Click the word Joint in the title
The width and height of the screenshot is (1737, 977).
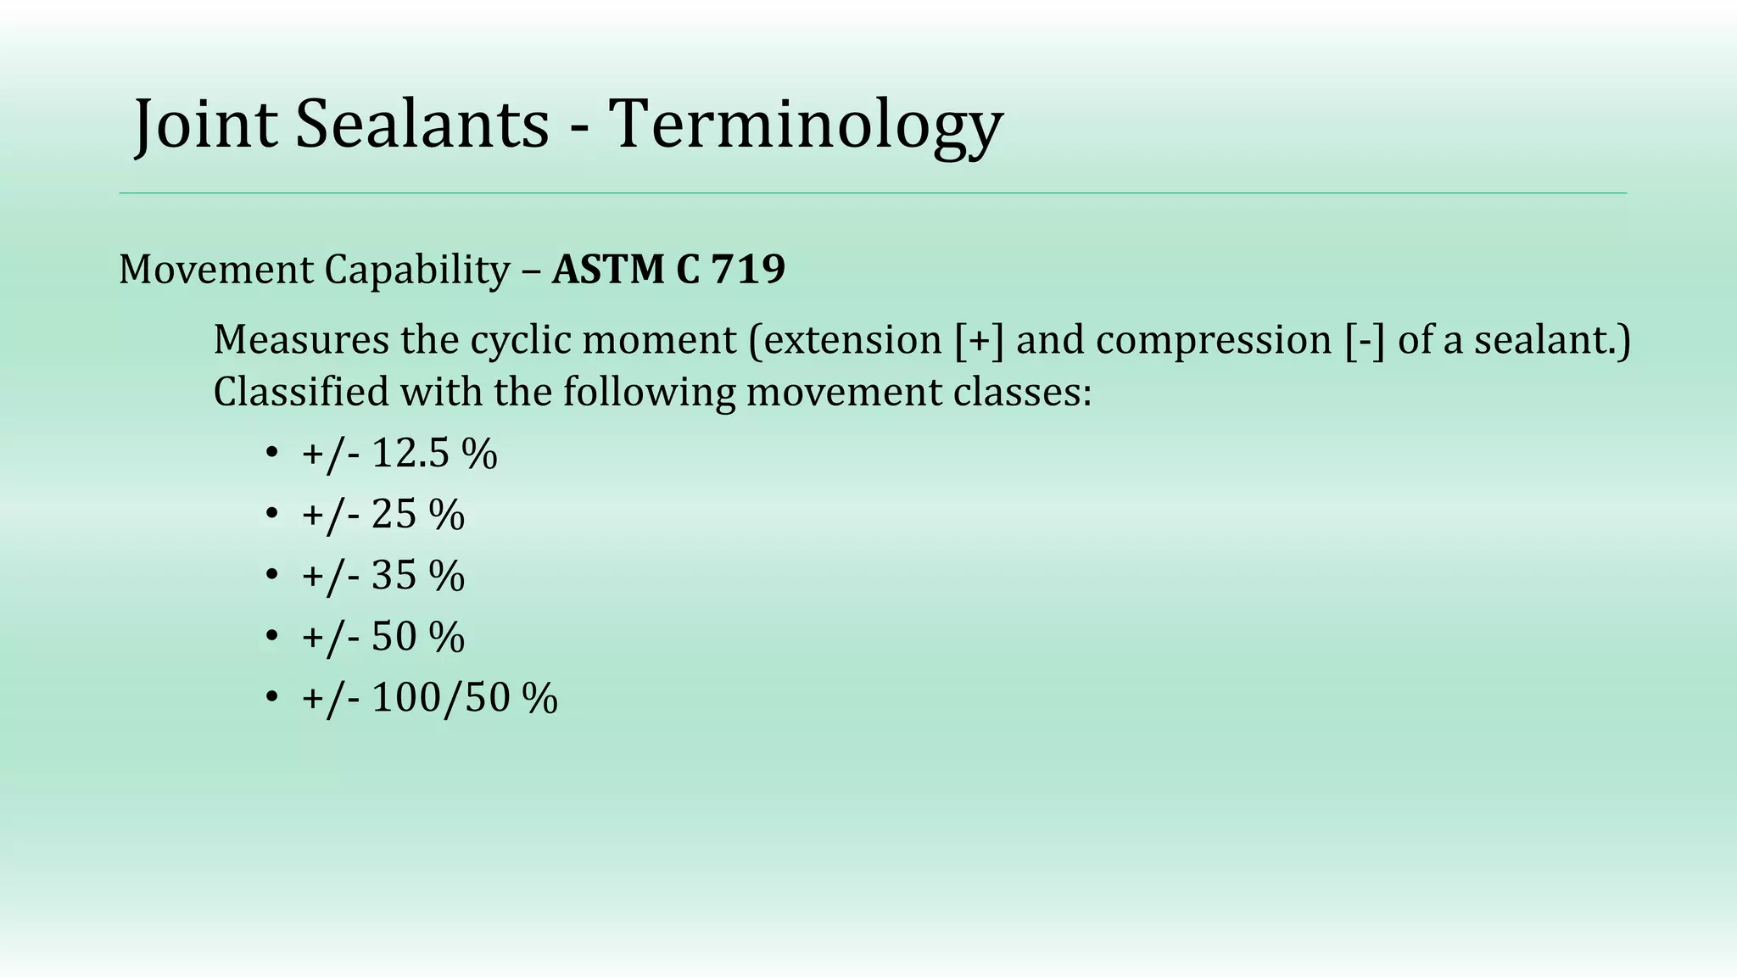205,125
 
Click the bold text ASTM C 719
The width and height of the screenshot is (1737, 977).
668,270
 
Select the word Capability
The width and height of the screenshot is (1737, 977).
416,270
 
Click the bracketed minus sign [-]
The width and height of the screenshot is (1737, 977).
1365,339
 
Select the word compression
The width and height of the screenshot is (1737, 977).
1214,339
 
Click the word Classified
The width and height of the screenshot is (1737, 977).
300,392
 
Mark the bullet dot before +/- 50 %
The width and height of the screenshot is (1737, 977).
271,636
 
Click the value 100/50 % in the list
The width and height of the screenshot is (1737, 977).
464,697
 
